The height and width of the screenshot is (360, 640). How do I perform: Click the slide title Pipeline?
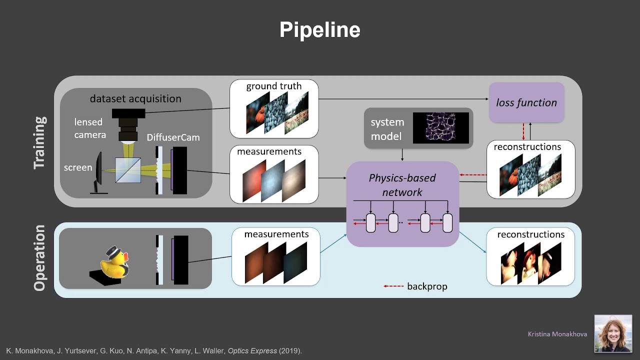pos(319,30)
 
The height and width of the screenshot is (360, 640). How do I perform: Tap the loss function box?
pos(526,102)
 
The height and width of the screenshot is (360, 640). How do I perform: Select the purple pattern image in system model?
pos(440,128)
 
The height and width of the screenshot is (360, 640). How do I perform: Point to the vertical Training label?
pos(40,142)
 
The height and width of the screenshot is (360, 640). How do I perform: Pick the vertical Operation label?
pos(40,257)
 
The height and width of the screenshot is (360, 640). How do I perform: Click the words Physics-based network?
pos(402,185)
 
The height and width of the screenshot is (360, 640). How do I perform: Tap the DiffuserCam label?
pos(173,137)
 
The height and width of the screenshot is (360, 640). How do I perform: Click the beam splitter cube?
pos(128,170)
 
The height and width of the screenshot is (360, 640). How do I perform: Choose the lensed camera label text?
pos(89,128)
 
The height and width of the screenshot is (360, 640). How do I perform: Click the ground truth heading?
pos(273,86)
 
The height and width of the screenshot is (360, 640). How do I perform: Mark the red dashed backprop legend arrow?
pos(393,286)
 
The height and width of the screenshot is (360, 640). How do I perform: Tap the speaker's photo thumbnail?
pos(612,333)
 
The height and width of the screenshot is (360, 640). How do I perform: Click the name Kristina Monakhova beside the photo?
pos(557,334)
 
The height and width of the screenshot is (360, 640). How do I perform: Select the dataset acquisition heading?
pos(135,98)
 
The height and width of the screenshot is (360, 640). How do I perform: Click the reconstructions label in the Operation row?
pos(530,234)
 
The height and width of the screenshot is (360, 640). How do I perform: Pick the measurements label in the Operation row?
pos(276,234)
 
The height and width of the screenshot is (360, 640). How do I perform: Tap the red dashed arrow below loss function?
pos(523,131)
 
